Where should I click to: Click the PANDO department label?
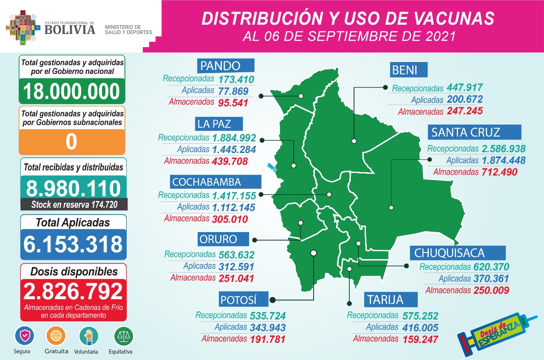coord(226,65)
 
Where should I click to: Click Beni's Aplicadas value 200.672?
coord(465,100)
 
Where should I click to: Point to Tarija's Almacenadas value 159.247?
coord(416,339)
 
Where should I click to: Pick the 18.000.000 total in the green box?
coord(71,91)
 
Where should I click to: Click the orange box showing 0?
coord(71,142)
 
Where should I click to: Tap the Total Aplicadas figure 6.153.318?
coord(73,244)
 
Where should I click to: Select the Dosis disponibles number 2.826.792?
coord(73,292)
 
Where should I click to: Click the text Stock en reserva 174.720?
coord(74,204)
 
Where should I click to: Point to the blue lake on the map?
coord(271,167)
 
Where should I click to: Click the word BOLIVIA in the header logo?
coord(70,29)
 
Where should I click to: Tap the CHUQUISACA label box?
coord(458,253)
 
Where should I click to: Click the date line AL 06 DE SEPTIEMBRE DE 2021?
coord(348,36)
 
